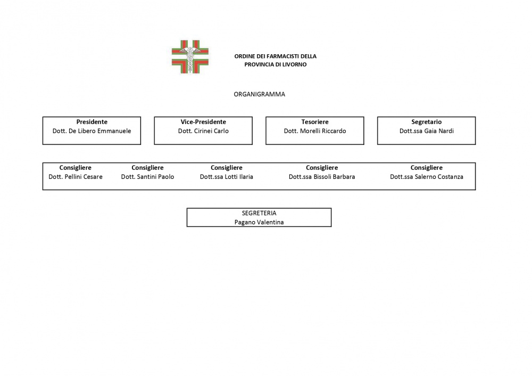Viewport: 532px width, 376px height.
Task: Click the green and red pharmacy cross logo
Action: click(x=190, y=57)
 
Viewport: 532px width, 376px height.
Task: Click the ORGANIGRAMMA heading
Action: click(x=260, y=94)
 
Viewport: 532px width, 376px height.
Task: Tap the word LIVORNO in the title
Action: click(x=295, y=64)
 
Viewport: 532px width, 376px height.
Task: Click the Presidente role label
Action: click(x=92, y=122)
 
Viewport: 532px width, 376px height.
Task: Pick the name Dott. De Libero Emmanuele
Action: click(x=92, y=131)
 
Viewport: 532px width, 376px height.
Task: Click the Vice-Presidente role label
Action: click(x=203, y=122)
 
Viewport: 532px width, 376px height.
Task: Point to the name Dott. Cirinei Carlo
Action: click(x=203, y=131)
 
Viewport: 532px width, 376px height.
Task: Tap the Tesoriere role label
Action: click(x=315, y=122)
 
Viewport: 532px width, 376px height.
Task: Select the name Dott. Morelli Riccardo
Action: click(x=315, y=131)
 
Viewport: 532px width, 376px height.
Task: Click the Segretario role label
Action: click(x=427, y=122)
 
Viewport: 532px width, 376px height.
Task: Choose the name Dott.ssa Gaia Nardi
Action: click(x=427, y=131)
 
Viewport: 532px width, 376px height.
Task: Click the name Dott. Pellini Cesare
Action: click(x=76, y=177)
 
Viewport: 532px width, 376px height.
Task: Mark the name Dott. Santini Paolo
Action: click(x=147, y=177)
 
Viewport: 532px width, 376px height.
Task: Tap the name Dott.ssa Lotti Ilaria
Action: click(x=227, y=177)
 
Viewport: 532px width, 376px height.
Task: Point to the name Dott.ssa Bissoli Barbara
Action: click(x=322, y=177)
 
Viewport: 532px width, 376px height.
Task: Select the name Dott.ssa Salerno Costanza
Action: click(x=427, y=177)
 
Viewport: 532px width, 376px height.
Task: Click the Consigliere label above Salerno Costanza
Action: click(x=427, y=168)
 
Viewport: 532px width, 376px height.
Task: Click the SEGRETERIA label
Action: click(x=259, y=214)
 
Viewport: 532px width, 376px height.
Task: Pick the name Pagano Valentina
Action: click(x=259, y=223)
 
